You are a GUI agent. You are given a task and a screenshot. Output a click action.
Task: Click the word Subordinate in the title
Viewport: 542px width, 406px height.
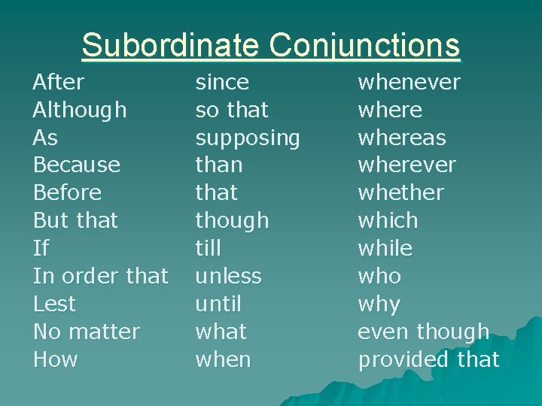pyautogui.click(x=171, y=45)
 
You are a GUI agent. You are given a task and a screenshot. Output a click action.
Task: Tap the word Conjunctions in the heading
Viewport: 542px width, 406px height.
pyautogui.click(x=364, y=47)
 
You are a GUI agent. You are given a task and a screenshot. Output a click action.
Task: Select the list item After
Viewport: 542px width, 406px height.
pyautogui.click(x=59, y=82)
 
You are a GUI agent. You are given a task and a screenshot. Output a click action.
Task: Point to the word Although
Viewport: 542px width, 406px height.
pyautogui.click(x=80, y=111)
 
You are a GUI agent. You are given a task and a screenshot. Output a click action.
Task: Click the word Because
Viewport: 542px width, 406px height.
pyautogui.click(x=76, y=165)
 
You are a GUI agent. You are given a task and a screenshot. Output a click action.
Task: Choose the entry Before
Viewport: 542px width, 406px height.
pyautogui.click(x=67, y=192)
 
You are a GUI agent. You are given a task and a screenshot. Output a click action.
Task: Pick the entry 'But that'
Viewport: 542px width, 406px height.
pyautogui.click(x=75, y=220)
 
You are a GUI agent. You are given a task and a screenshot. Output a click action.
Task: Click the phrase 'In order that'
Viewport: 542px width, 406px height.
pyautogui.click(x=100, y=276)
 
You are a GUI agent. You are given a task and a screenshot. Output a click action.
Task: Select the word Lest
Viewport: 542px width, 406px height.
pyautogui.click(x=54, y=304)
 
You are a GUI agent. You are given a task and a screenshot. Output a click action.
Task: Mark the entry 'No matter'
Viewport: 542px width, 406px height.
pyautogui.click(x=87, y=332)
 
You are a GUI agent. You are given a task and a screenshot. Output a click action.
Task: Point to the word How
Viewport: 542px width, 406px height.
pyautogui.click(x=55, y=359)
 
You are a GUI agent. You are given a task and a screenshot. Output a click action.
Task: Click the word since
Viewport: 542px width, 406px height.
pyautogui.click(x=222, y=82)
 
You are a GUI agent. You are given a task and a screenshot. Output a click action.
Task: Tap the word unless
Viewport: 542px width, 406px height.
pyautogui.click(x=228, y=276)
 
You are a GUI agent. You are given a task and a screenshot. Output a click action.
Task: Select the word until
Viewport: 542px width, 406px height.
pyautogui.click(x=218, y=304)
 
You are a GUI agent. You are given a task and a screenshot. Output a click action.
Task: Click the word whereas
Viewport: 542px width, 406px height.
pyautogui.click(x=401, y=138)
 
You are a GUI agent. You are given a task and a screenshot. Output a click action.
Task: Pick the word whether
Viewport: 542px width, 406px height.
pyautogui.click(x=400, y=192)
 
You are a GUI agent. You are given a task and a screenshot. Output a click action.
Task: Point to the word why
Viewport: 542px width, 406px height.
pyautogui.click(x=379, y=304)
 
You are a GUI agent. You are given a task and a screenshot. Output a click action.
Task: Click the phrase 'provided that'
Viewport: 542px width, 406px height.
pyautogui.click(x=428, y=359)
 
